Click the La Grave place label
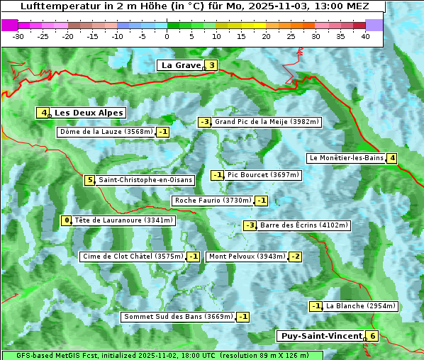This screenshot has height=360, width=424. click(x=181, y=65)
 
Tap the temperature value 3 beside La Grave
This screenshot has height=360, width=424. click(x=211, y=66)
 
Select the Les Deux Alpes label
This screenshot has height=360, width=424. click(x=89, y=113)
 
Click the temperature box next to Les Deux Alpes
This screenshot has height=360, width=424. click(x=44, y=113)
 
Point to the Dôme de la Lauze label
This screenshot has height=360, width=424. click(x=106, y=132)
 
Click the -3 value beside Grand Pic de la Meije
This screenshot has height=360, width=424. click(x=204, y=122)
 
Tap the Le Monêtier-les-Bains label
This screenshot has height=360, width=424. click(x=346, y=158)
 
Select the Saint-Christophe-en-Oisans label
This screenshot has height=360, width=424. click(x=145, y=180)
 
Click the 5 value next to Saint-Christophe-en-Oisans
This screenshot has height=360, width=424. click(x=89, y=180)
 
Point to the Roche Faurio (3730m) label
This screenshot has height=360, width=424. click(x=213, y=201)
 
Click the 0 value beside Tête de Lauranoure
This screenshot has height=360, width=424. click(x=67, y=220)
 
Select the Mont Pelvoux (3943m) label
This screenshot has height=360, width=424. click(x=247, y=257)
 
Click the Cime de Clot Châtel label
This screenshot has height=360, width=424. click(x=133, y=257)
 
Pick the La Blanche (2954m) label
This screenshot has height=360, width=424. click(x=360, y=306)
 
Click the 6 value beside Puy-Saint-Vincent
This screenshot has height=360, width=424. click(x=372, y=336)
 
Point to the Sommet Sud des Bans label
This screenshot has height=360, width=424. click(x=178, y=317)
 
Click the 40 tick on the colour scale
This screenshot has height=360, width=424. click(x=365, y=36)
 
